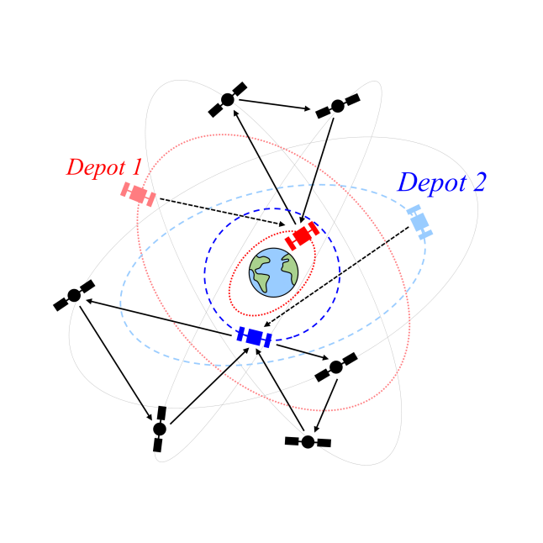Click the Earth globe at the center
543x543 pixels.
(273, 272)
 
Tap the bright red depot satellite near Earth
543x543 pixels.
(302, 235)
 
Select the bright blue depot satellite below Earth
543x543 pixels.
(254, 336)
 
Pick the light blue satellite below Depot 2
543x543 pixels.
(419, 221)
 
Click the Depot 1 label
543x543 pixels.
(104, 167)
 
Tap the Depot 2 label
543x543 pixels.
(441, 182)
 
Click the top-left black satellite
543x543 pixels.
(227, 99)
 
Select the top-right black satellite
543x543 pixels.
(337, 106)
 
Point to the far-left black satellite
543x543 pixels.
(74, 295)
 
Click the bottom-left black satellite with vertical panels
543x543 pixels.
(160, 429)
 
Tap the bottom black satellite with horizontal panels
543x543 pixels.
(308, 441)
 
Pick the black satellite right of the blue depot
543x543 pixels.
(336, 366)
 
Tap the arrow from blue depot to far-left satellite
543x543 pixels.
(160, 317)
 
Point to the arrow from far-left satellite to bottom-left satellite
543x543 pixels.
(116, 361)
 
